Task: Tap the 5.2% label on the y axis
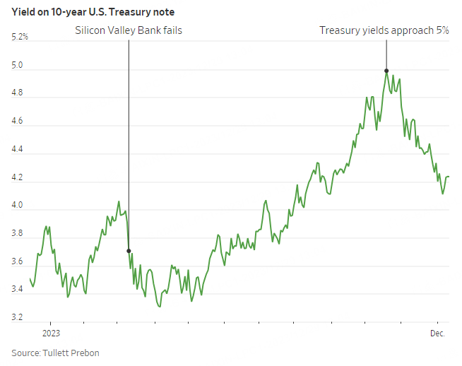[20, 37]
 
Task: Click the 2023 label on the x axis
[51, 332]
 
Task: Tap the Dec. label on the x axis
[439, 332]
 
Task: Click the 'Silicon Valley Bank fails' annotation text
[129, 31]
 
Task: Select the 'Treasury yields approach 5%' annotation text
[384, 31]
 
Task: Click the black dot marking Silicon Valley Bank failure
[129, 251]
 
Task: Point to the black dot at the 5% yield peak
[386, 71]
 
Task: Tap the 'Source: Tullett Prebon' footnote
[55, 353]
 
